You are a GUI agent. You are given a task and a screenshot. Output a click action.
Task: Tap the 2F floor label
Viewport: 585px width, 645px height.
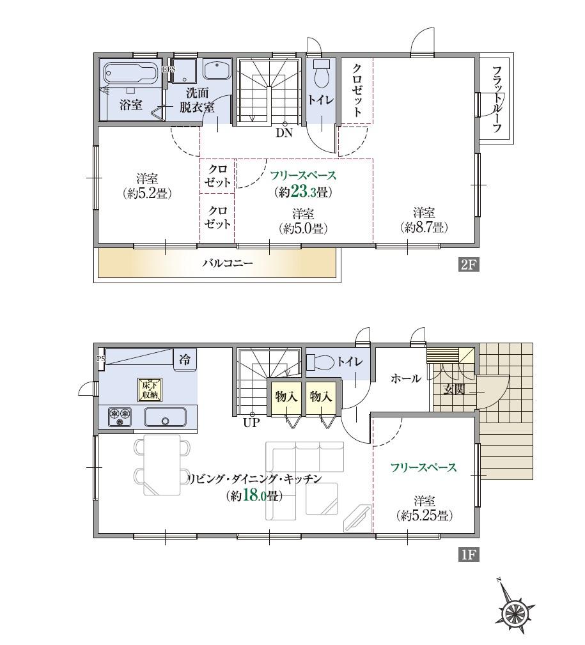(x=469, y=265)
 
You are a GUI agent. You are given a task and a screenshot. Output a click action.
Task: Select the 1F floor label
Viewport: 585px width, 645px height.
(x=469, y=554)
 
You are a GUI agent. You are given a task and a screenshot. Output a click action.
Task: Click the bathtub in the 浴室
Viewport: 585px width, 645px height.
(x=130, y=73)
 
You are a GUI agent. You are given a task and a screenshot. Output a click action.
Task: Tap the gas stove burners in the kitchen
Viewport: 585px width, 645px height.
(x=120, y=417)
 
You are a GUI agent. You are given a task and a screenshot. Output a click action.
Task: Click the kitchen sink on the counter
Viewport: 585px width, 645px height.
(x=165, y=417)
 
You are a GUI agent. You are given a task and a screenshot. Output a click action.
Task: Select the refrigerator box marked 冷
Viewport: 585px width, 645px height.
(x=185, y=359)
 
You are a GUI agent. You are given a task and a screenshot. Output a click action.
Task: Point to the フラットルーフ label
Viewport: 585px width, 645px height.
(x=496, y=99)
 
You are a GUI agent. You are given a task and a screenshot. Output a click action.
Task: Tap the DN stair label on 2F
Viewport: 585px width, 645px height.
(x=284, y=133)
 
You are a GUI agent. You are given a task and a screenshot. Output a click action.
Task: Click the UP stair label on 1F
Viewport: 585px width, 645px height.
(x=251, y=423)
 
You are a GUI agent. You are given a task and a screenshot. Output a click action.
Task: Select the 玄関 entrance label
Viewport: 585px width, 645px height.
(x=455, y=390)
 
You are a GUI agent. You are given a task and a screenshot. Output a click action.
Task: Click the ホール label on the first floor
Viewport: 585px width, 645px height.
(x=405, y=378)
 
